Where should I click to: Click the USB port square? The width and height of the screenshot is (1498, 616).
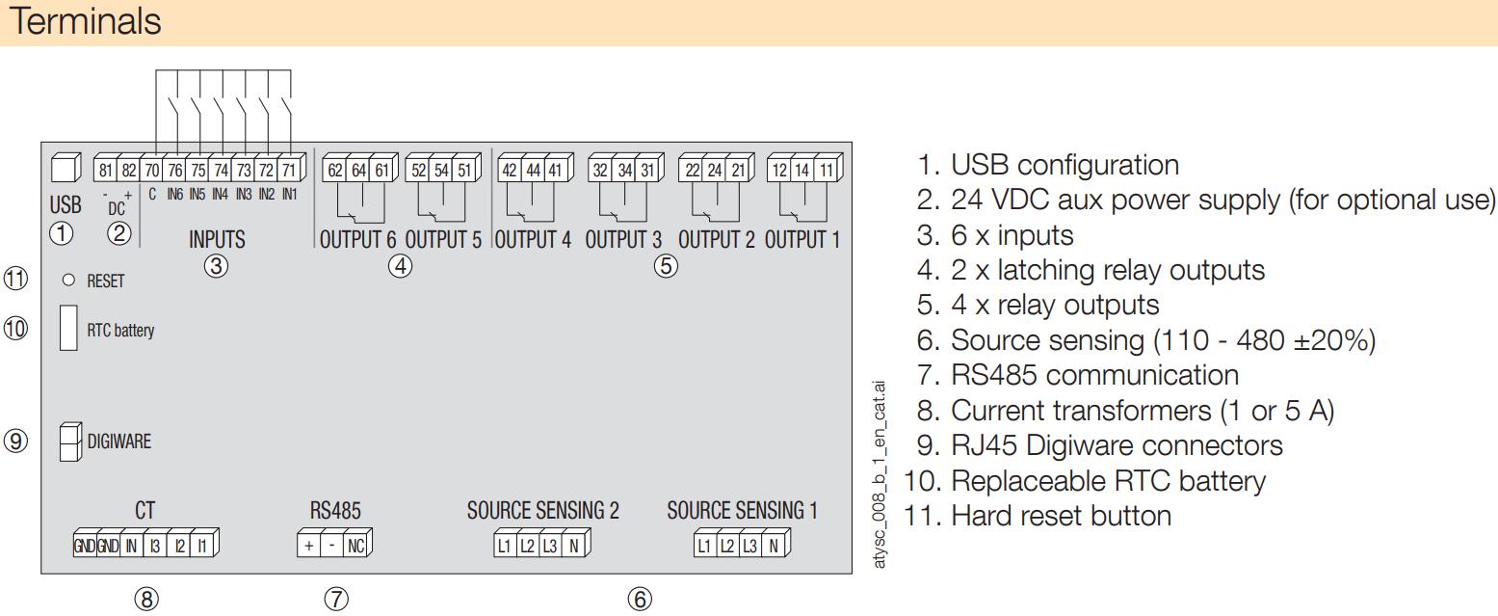pyautogui.click(x=66, y=168)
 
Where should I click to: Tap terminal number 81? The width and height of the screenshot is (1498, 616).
pyautogui.click(x=105, y=170)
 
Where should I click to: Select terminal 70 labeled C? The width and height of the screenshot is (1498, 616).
pyautogui.click(x=152, y=170)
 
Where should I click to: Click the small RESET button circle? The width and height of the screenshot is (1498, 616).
pyautogui.click(x=68, y=280)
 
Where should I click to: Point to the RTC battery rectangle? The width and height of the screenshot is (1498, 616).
pyautogui.click(x=68, y=328)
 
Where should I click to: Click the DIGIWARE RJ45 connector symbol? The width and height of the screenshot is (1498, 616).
pyautogui.click(x=70, y=442)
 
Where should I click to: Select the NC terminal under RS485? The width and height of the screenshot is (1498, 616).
pyautogui.click(x=355, y=546)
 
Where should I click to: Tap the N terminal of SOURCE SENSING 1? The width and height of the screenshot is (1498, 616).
pyautogui.click(x=773, y=546)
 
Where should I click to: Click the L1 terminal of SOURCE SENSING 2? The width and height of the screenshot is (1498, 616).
pyautogui.click(x=504, y=546)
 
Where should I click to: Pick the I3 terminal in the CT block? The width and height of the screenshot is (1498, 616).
pyautogui.click(x=154, y=547)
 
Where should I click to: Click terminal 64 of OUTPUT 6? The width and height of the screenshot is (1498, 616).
pyautogui.click(x=359, y=170)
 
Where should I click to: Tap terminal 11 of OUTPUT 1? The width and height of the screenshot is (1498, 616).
pyautogui.click(x=826, y=170)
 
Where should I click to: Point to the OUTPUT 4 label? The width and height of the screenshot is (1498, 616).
pyautogui.click(x=533, y=240)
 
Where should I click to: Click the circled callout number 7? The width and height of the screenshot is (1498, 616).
pyautogui.click(x=336, y=599)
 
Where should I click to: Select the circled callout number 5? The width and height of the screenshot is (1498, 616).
pyautogui.click(x=666, y=266)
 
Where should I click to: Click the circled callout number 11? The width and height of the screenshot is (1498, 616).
pyautogui.click(x=16, y=279)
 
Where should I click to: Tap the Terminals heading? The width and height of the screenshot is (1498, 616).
pyautogui.click(x=86, y=21)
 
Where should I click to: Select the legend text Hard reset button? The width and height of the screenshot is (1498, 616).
pyautogui.click(x=1062, y=516)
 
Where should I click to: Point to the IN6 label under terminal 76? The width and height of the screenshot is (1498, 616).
pyautogui.click(x=174, y=194)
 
